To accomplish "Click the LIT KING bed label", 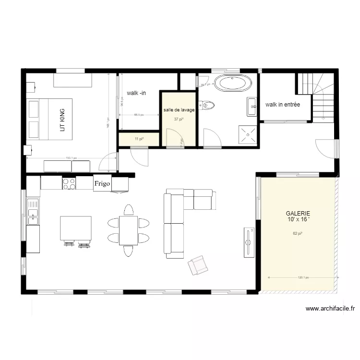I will pyautogui.click(x=61, y=120).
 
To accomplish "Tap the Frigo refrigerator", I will pyautogui.click(x=102, y=183).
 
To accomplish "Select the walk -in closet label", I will pyautogui.click(x=136, y=93).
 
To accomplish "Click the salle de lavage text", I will pyautogui.click(x=179, y=110).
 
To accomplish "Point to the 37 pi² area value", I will pyautogui.click(x=179, y=119).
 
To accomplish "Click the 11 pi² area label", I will pyautogui.click(x=139, y=139).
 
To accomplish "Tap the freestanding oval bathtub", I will pyautogui.click(x=232, y=84).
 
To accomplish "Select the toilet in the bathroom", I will pyautogui.click(x=208, y=104).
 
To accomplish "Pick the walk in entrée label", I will pyautogui.click(x=282, y=104).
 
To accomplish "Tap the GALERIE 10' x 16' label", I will pyautogui.click(x=298, y=216).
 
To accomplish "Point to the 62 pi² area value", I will pyautogui.click(x=298, y=234).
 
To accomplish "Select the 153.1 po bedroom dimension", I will pyautogui.click(x=71, y=158).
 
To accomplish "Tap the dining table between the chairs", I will pyautogui.click(x=128, y=230).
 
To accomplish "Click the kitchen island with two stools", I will pyautogui.click(x=75, y=228).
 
